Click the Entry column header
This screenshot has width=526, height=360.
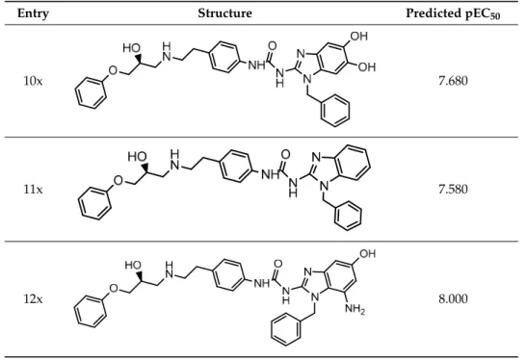tap(33, 13)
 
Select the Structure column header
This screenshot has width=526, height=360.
tap(224, 13)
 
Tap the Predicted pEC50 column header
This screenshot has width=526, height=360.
tap(453, 13)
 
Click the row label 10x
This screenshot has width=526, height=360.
tap(33, 81)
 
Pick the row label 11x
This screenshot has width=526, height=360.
tap(33, 190)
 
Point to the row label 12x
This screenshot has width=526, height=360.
tap(33, 298)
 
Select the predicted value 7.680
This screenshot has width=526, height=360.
tap(453, 81)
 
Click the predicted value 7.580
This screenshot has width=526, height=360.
tap(453, 190)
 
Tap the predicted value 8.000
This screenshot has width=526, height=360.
tap(453, 298)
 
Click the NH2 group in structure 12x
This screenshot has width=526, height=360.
tap(355, 308)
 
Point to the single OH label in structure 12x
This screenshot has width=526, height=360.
tap(368, 253)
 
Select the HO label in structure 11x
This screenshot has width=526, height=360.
tap(137, 156)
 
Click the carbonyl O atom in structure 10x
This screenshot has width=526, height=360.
tap(273, 46)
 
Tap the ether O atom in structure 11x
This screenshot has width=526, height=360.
tap(118, 181)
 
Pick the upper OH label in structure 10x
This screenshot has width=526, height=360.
tap(359, 36)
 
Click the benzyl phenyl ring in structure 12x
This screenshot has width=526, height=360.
tap(286, 330)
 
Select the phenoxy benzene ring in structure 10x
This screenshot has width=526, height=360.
tap(91, 92)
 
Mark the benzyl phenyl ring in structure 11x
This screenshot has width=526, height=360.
tap(348, 216)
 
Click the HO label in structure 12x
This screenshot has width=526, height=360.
tap(133, 265)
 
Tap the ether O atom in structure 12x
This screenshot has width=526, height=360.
tap(114, 288)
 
